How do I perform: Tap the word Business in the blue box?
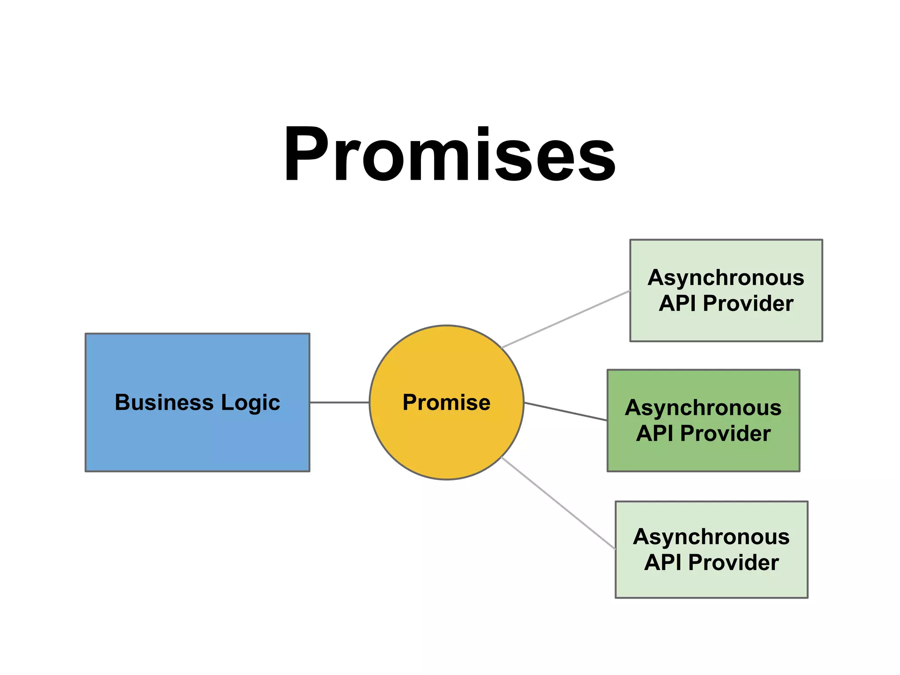pos(164,403)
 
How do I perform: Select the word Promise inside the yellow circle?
pos(446,403)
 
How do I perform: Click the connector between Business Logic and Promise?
pos(339,402)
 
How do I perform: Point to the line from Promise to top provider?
pos(566,319)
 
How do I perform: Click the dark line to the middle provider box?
pos(566,411)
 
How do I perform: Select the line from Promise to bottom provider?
pos(558,503)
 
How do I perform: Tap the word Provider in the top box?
pos(748,304)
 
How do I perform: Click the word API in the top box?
pos(677,304)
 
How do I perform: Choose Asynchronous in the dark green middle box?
pos(703,408)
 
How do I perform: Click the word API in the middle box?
pos(654,434)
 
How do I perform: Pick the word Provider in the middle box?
pos(725,434)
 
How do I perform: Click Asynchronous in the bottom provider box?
pos(711,537)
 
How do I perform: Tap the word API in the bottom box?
pos(662,563)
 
